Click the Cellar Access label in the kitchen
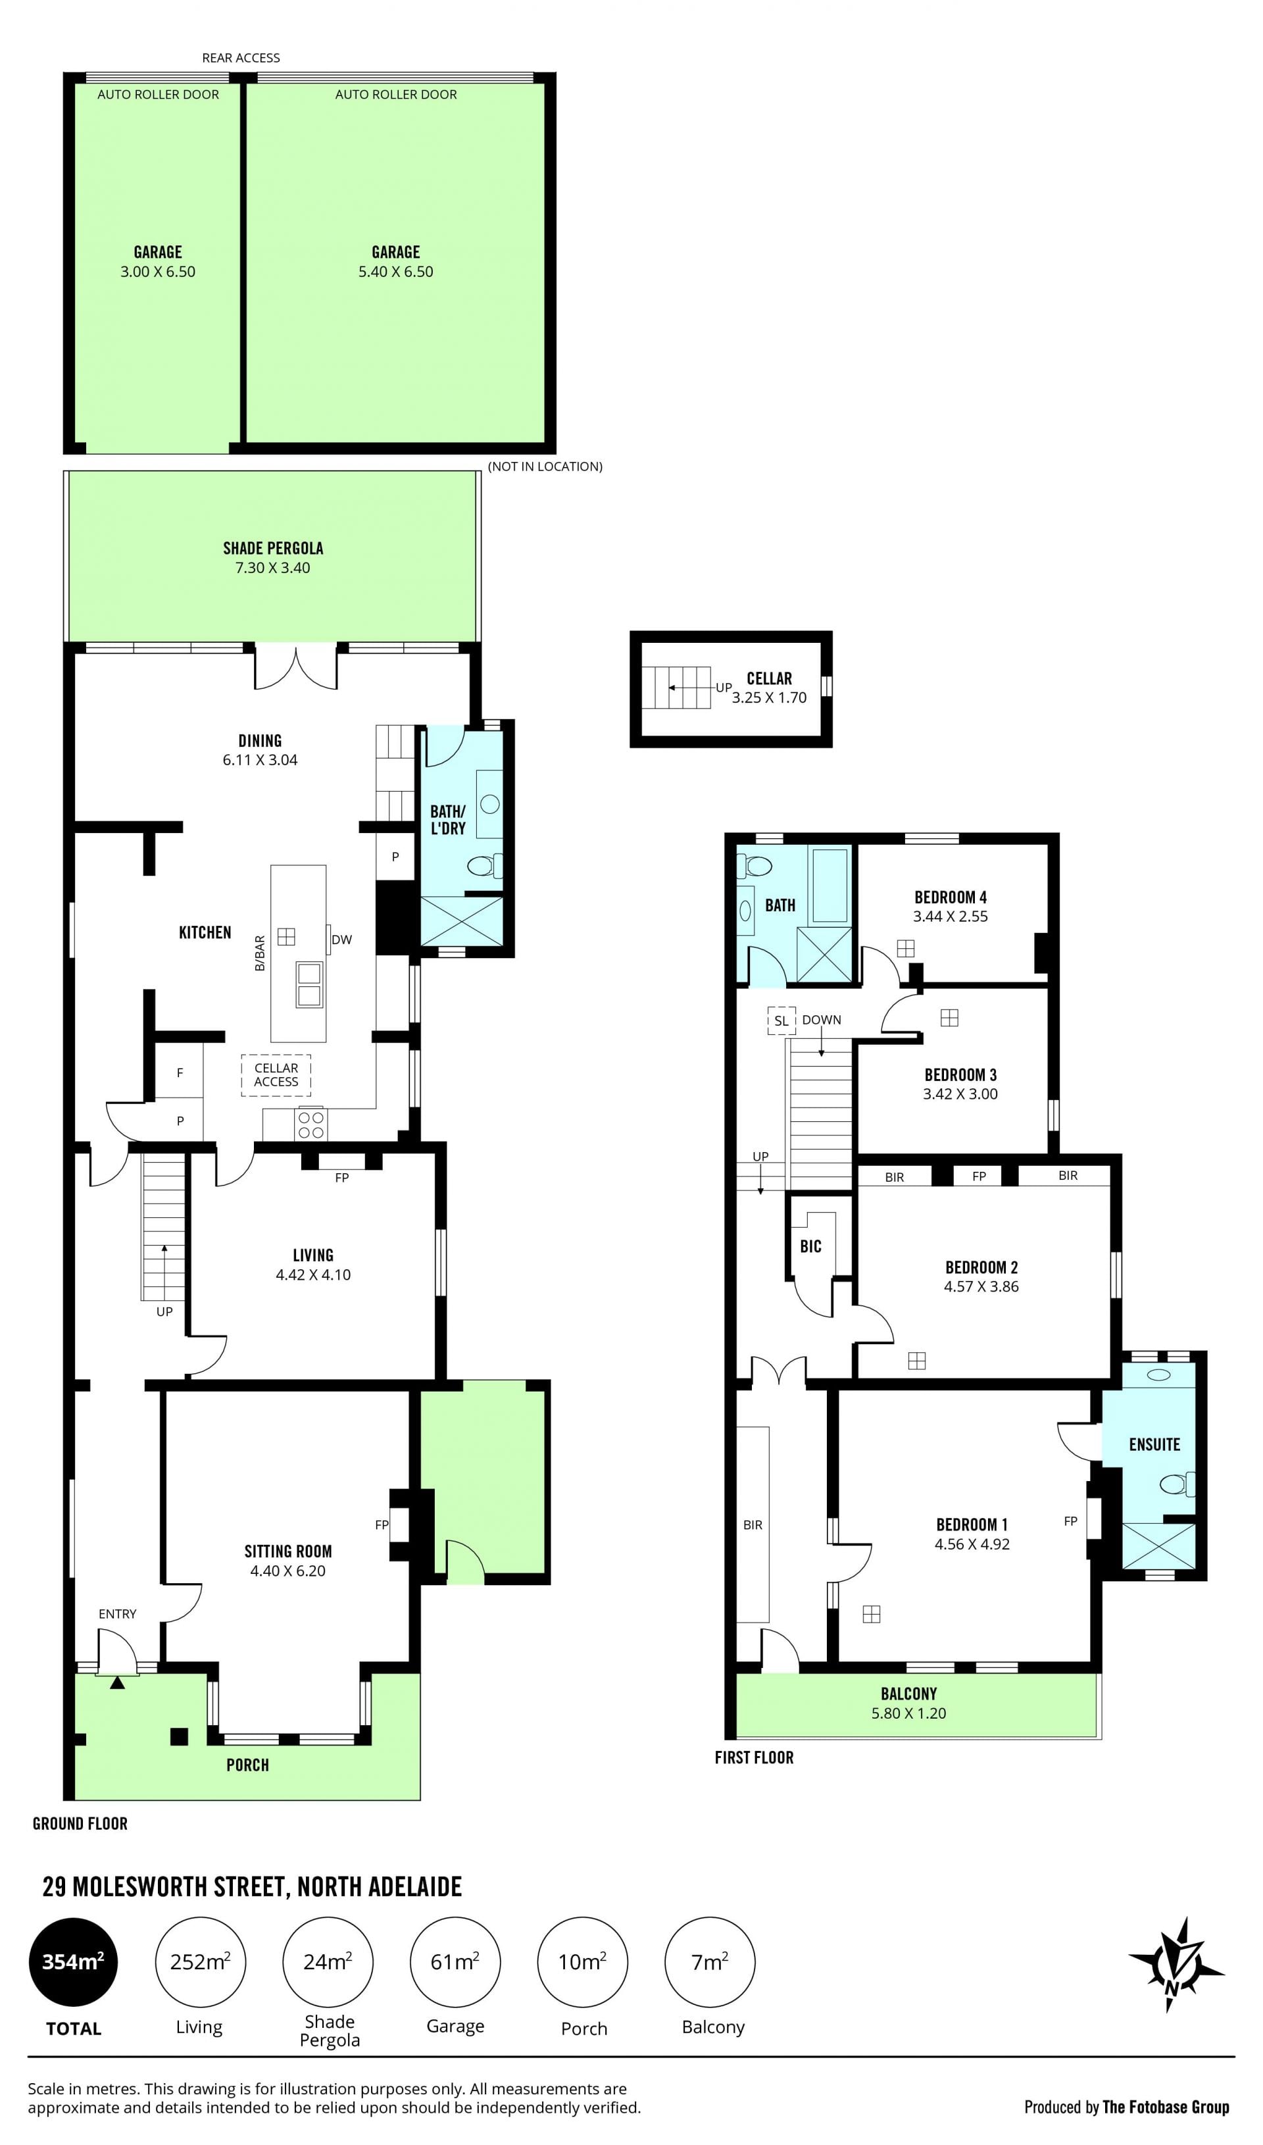pos(276,1074)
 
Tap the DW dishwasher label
pos(341,940)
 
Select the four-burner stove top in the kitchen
pos(310,1124)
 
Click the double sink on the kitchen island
pos(309,983)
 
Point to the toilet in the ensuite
pos(1177,1484)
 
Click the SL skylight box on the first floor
pos(781,1021)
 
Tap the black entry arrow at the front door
pos(118,1682)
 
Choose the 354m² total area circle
pos(73,1962)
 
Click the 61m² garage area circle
pos(455,1962)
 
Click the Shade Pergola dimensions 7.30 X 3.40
pos(272,568)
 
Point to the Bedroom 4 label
pos(951,897)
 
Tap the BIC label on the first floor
pos(810,1247)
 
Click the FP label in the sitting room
pos(382,1525)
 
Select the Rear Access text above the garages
pos(241,58)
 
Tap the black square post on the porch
pos(179,1736)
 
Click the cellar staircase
pos(676,688)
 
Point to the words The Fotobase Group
pos(1166,2107)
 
